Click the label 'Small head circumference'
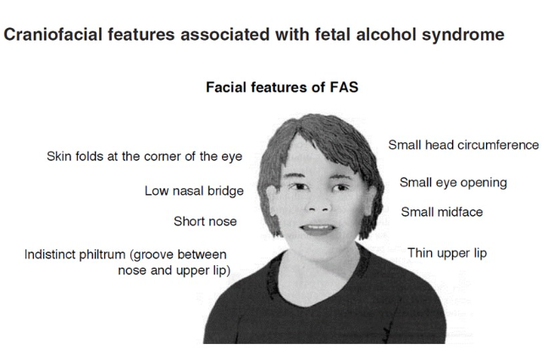[463, 145]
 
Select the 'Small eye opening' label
[453, 183]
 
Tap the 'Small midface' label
[442, 212]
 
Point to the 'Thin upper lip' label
[447, 253]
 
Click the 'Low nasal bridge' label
[194, 191]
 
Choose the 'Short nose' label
[205, 221]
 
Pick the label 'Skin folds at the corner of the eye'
[145, 157]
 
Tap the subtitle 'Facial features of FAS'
[282, 87]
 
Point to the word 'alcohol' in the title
[386, 35]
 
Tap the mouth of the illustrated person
[318, 230]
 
